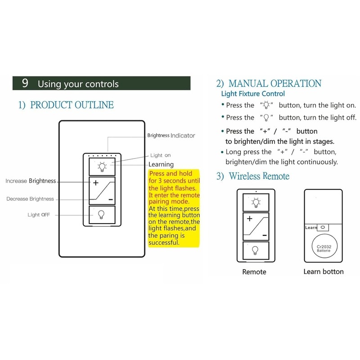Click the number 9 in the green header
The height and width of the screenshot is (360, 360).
pos(25,84)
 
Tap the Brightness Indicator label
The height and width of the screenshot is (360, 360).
pos(171,135)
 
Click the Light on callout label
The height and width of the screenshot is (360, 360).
pos(161,155)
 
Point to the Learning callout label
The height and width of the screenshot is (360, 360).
pos(161,165)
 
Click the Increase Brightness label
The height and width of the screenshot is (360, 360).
pos(31,181)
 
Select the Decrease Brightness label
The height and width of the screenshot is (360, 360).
pos(30,199)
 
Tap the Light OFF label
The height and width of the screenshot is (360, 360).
pos(39,215)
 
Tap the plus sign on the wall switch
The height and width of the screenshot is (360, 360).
pos(95,183)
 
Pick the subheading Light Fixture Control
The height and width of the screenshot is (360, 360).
pos(253,94)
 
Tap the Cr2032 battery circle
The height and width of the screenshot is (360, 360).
pos(323,246)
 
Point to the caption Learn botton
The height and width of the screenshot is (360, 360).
pos(323,272)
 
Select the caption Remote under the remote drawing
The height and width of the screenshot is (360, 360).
pos(254,272)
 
